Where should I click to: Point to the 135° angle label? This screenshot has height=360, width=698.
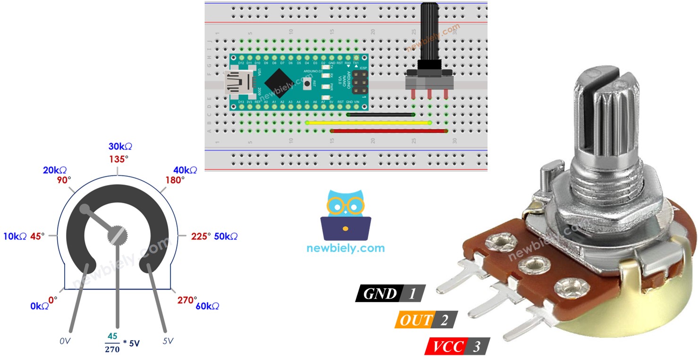tap(117, 159)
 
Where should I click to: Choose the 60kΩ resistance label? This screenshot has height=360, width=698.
tap(207, 306)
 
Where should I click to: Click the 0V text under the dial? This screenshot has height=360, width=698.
tap(65, 341)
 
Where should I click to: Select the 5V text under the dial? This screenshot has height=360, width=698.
tap(168, 341)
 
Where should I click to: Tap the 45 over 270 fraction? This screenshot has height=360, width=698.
tap(112, 343)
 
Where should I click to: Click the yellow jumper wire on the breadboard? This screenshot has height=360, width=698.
tap(368, 123)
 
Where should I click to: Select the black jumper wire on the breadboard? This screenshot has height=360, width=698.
tap(380, 114)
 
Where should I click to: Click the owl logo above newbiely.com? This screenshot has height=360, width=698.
tap(345, 215)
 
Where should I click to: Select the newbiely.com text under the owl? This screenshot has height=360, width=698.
tap(345, 248)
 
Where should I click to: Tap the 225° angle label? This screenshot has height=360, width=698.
tap(201, 236)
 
